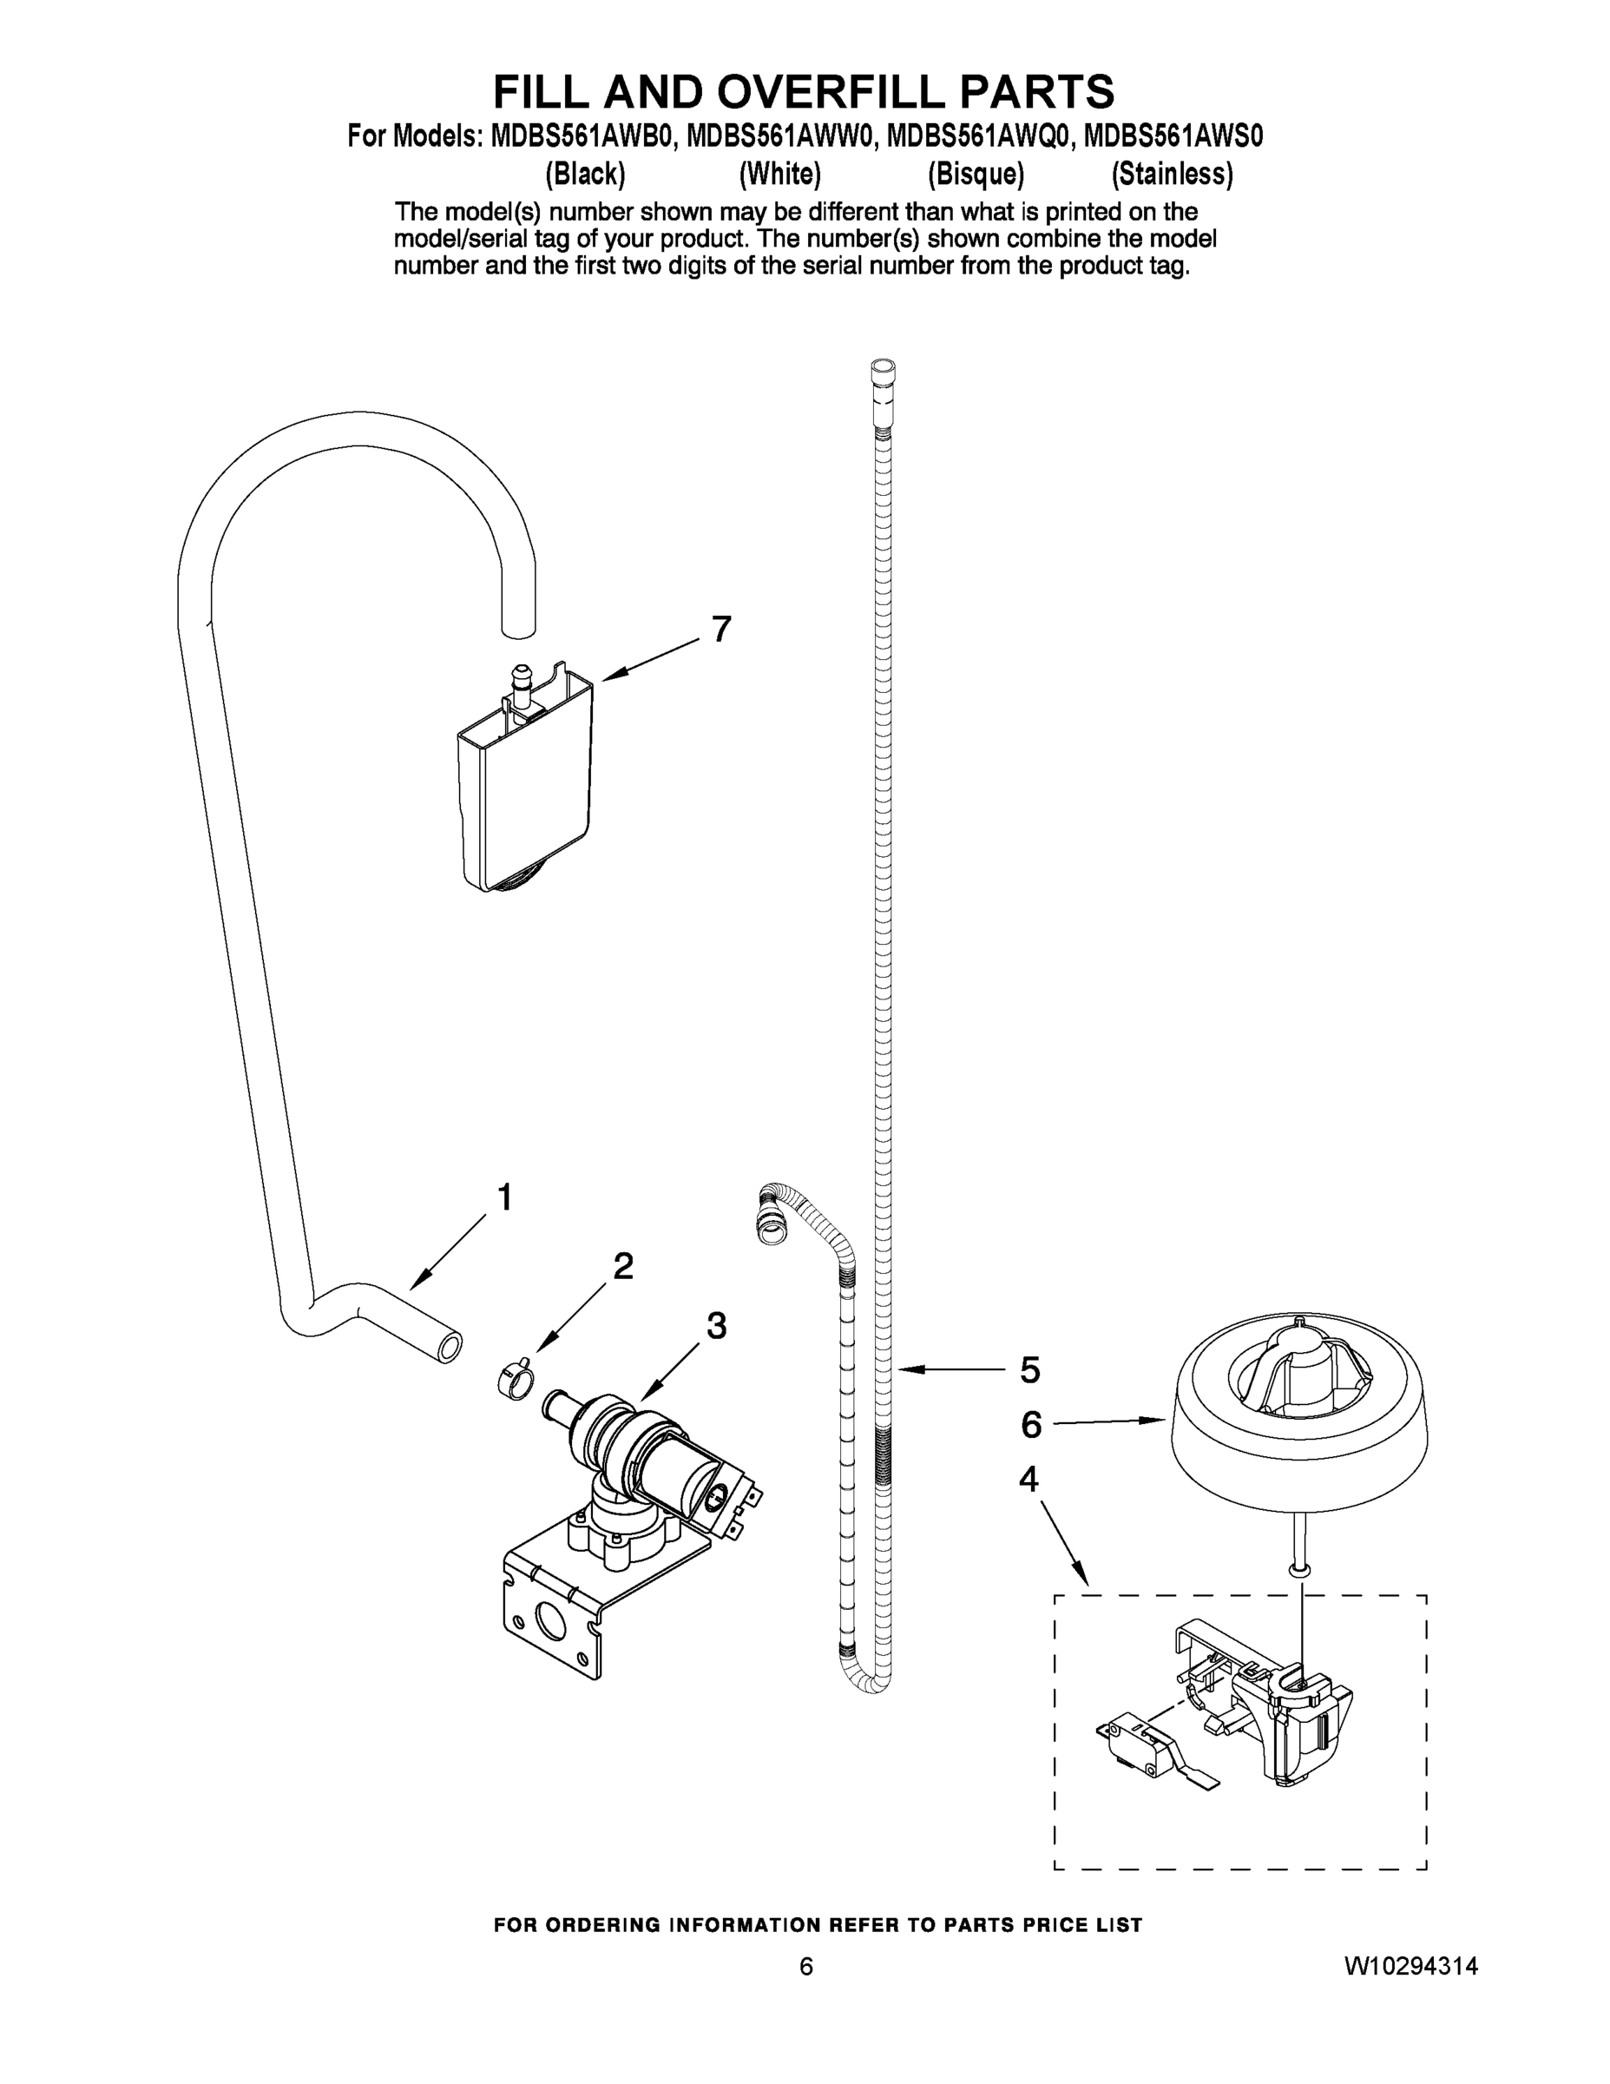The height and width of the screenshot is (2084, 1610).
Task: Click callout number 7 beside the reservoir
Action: click(722, 630)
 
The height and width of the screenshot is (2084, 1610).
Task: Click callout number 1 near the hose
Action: click(505, 1197)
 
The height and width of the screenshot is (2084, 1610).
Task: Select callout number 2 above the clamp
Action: click(623, 1266)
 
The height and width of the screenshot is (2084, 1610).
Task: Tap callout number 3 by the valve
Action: click(716, 1325)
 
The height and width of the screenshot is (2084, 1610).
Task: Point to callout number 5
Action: click(1030, 1370)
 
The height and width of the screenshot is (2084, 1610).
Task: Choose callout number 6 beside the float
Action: click(1031, 1426)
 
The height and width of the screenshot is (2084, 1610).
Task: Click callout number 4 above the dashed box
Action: click(1028, 1479)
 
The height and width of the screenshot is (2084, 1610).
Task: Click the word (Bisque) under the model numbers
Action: click(976, 175)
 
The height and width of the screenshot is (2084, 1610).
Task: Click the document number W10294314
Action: click(1410, 1966)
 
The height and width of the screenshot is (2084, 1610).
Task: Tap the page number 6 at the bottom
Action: click(806, 1967)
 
